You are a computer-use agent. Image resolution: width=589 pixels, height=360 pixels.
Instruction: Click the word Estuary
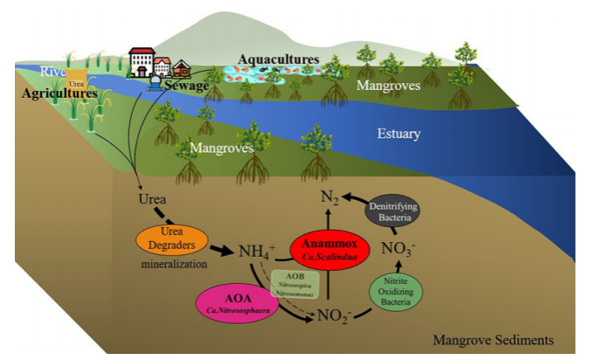point(398,135)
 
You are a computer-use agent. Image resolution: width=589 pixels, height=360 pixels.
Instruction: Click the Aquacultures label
point(279,60)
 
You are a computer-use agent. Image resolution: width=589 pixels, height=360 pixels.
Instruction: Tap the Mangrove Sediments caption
point(492,340)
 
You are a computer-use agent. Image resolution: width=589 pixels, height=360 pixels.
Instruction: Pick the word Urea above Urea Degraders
point(153,198)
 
